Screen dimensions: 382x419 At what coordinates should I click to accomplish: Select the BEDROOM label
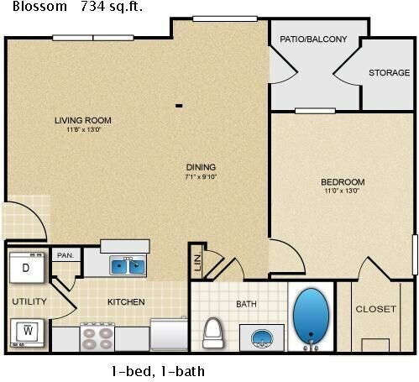pos(343,182)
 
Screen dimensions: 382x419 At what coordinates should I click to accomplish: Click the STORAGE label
pos(389,73)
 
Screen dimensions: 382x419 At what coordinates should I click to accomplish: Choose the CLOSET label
pos(375,309)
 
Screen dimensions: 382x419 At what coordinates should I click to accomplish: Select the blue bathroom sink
pos(261,338)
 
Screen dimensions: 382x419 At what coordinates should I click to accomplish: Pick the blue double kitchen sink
pos(128,267)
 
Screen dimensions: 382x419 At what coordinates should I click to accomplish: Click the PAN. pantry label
pos(65,254)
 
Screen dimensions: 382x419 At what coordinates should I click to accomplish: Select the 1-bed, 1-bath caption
pos(158,370)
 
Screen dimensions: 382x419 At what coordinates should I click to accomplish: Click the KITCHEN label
pos(126,301)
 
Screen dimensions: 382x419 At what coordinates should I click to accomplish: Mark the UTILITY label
pos(29,301)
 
